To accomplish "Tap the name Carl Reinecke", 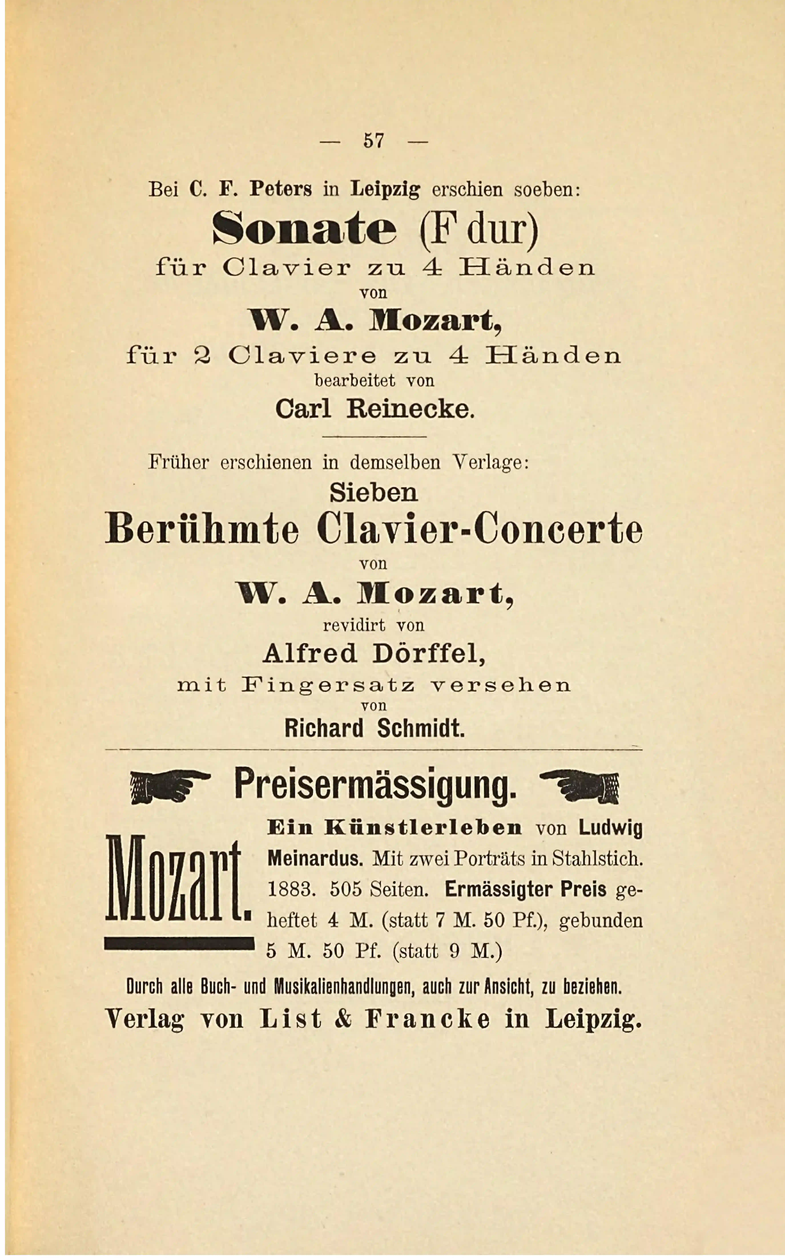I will tap(375, 409).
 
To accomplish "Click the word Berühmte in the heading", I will tap(203, 529).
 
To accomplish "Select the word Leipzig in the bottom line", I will tap(593, 1019).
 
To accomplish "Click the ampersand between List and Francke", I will tap(343, 1019).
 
